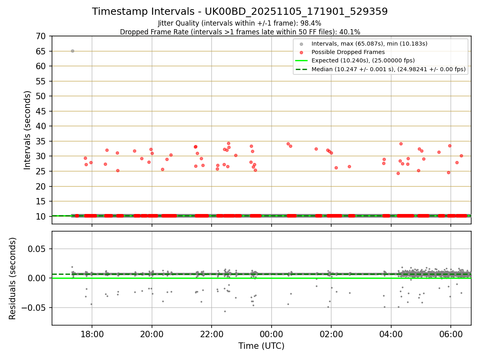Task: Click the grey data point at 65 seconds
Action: coord(72,51)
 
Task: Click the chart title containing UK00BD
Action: coord(240,12)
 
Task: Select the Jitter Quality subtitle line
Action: coord(240,23)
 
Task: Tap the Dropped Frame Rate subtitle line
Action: coord(240,32)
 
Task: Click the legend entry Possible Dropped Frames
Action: coord(348,52)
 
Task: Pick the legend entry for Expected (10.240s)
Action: coord(363,60)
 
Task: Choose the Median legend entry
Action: coord(388,69)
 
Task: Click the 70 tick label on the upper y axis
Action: coord(40,36)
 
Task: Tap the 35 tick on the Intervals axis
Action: coord(40,141)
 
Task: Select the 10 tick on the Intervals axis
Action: coord(40,216)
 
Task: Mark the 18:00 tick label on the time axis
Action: coord(92,334)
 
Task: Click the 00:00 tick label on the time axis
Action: coord(271,334)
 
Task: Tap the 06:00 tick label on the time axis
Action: coord(451,334)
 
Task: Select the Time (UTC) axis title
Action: coord(261,346)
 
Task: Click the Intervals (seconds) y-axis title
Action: coord(27,130)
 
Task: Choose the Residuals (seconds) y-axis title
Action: coord(13,278)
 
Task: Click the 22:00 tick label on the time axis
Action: coord(212,334)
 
